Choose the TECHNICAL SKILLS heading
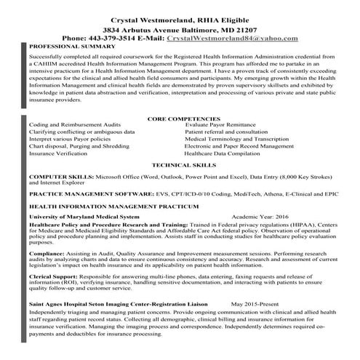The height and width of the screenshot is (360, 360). coord(183,166)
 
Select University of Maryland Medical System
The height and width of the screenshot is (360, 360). coord(84,217)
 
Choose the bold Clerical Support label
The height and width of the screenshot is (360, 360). coord(53,278)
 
